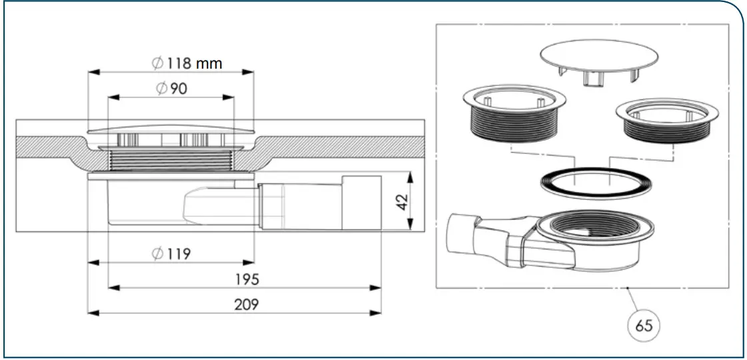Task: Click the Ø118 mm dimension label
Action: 187,63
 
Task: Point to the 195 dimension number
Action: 246,279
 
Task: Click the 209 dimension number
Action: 246,305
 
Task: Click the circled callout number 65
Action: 644,325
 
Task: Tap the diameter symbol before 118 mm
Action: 157,63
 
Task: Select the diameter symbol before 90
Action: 162,89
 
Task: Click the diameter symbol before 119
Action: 157,253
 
